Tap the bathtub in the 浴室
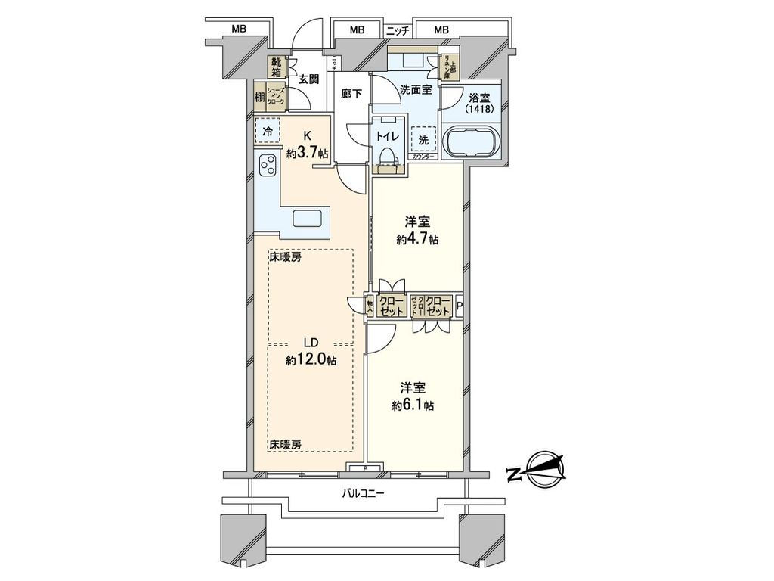471,142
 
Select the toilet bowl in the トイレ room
387,156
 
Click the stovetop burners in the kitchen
267,165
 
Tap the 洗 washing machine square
423,139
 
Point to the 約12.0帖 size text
311,360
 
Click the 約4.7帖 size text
417,240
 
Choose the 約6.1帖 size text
413,405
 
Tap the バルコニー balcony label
364,494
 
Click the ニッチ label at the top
397,30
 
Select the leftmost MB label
240,30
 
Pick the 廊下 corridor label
351,93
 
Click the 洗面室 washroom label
416,89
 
